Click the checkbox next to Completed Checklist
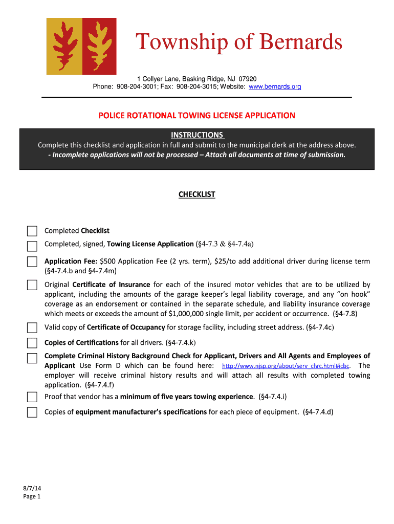(32, 231)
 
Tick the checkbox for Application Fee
(32, 262)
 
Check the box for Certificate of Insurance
(32, 285)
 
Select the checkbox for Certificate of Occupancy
(32, 327)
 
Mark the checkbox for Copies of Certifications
(32, 343)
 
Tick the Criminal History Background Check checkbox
(32, 358)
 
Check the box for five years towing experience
(32, 397)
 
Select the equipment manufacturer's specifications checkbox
(32, 412)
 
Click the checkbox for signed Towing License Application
(32, 246)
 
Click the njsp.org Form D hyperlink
(286, 366)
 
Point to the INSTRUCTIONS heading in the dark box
(197, 135)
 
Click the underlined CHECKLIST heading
(197, 194)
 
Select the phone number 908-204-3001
(135, 87)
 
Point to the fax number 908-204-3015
(196, 87)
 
